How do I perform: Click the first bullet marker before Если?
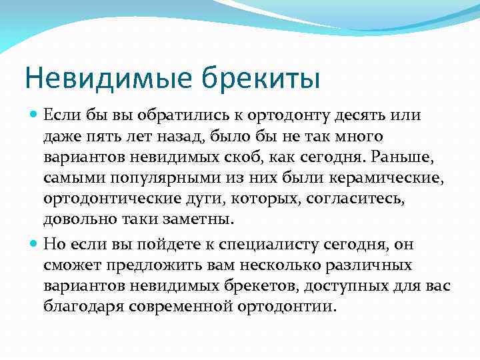[x=34, y=115]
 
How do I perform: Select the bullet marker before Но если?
[x=34, y=244]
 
